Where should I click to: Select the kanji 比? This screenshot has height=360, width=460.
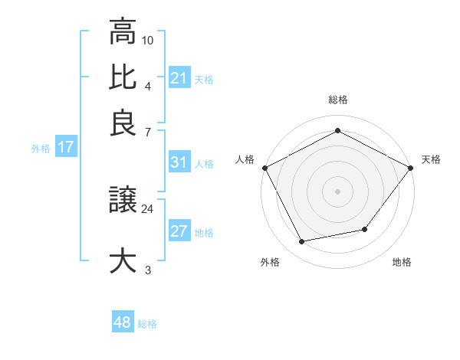(123, 77)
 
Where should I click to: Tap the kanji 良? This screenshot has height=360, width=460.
(123, 123)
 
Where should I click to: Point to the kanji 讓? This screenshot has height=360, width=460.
(123, 201)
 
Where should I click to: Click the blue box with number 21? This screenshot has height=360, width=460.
(179, 78)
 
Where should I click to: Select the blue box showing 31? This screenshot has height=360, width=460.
(179, 162)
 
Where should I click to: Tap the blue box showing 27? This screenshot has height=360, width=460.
(179, 231)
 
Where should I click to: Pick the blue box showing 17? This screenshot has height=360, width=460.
(65, 147)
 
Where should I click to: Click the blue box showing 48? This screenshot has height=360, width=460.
(122, 322)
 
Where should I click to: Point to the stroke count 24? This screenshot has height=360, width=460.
(147, 208)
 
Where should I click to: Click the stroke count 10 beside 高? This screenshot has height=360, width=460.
(148, 39)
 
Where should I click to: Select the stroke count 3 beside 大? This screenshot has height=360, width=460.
(148, 270)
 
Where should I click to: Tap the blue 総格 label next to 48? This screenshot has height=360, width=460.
(147, 324)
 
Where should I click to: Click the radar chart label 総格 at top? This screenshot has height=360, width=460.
(337, 100)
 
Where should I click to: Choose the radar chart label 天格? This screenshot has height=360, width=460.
(431, 159)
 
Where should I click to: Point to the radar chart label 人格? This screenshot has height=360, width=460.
(245, 159)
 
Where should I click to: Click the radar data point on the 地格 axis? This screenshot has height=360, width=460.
(365, 229)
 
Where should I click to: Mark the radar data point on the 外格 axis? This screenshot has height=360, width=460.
(302, 242)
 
